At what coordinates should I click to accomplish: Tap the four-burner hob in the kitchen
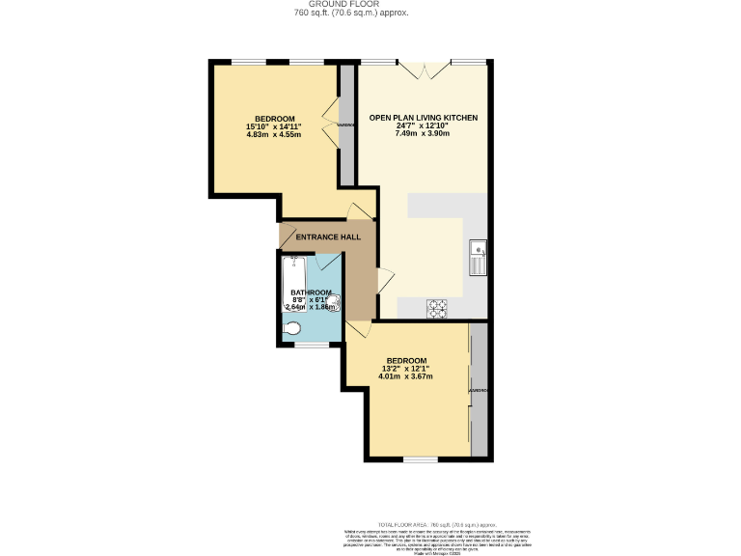pyautogui.click(x=438, y=308)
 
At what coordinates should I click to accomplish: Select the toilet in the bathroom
pyautogui.click(x=292, y=327)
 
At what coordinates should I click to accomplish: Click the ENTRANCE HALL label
pyautogui.click(x=328, y=236)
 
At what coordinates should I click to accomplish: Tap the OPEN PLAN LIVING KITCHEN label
pyautogui.click(x=423, y=118)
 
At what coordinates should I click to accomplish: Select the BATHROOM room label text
pyautogui.click(x=312, y=292)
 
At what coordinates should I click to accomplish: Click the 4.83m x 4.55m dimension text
pyautogui.click(x=274, y=134)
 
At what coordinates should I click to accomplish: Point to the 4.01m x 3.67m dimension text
pyautogui.click(x=406, y=376)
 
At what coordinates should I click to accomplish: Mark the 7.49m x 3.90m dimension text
pyautogui.click(x=423, y=134)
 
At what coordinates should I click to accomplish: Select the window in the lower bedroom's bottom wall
pyautogui.click(x=420, y=459)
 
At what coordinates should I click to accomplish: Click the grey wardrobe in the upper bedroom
pyautogui.click(x=346, y=125)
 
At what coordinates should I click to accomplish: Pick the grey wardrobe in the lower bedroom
pyautogui.click(x=480, y=390)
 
